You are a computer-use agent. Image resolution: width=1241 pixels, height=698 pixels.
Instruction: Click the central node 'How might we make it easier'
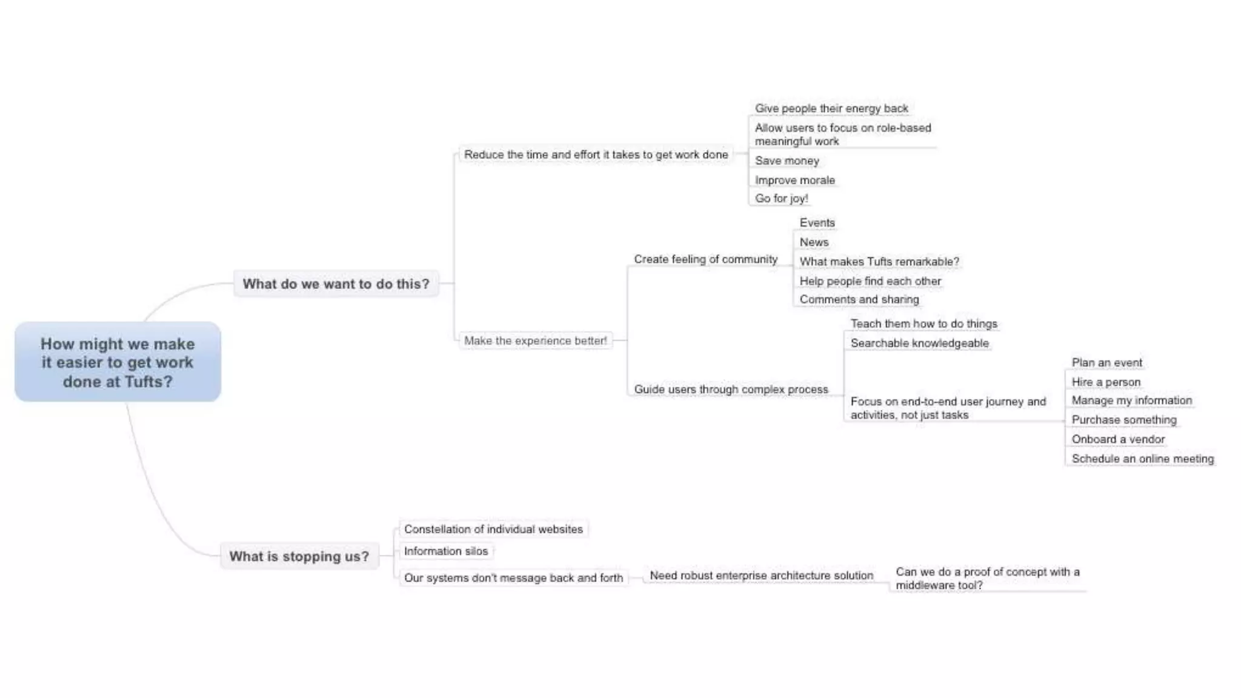118,362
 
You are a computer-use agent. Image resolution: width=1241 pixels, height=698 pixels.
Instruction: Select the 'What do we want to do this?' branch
336,284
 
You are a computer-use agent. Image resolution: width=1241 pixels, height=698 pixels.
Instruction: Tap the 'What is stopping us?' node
299,556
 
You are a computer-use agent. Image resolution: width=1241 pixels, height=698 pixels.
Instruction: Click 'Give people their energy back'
831,108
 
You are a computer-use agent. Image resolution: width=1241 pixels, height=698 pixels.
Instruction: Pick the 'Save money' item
787,161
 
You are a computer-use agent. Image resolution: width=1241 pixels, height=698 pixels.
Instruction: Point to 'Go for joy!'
781,198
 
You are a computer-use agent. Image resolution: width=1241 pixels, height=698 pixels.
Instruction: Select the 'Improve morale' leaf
794,180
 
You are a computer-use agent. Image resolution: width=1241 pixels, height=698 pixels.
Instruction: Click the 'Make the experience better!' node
535,341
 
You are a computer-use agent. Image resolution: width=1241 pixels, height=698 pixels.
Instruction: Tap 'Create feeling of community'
705,259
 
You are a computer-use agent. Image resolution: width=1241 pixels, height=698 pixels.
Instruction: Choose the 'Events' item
817,222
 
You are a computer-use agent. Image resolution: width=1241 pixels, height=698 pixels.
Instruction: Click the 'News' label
814,242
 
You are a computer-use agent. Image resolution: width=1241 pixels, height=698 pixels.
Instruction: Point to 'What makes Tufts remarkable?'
879,262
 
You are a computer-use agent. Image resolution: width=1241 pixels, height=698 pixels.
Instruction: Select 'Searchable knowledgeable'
919,343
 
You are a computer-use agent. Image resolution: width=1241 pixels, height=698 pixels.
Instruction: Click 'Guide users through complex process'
731,389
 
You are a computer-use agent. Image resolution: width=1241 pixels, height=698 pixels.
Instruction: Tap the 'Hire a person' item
1106,382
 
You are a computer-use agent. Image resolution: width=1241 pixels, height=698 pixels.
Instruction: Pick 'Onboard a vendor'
1118,439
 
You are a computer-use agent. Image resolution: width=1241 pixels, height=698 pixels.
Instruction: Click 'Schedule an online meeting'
1142,459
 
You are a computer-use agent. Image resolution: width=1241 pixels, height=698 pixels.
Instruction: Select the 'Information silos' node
445,551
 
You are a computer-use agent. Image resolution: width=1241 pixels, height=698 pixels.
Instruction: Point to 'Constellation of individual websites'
493,529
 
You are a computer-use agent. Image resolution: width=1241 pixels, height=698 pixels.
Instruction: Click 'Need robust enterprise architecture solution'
761,575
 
